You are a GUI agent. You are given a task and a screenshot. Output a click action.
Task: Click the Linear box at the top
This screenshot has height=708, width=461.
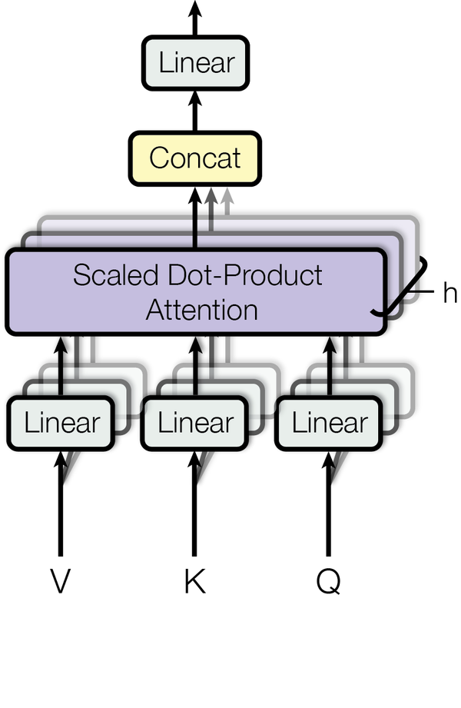[195, 63]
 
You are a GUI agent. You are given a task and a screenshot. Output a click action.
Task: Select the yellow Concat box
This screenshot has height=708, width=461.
[195, 158]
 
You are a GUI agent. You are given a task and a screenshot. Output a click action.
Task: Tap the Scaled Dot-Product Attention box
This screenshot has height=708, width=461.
[196, 291]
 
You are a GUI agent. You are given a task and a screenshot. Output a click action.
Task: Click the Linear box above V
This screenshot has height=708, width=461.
[61, 423]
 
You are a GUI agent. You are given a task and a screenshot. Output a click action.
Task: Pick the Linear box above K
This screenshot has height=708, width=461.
[194, 423]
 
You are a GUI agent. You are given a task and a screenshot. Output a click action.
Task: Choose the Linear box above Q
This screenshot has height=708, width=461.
[329, 423]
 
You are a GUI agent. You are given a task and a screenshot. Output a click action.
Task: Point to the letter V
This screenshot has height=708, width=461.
[60, 581]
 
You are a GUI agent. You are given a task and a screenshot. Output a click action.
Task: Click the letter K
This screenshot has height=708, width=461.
[194, 581]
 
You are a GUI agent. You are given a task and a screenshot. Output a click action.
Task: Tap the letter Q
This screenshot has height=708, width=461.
[328, 582]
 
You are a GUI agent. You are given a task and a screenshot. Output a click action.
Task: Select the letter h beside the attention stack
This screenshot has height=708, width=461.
[449, 292]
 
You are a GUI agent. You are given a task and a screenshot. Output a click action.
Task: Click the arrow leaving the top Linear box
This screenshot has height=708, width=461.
[195, 18]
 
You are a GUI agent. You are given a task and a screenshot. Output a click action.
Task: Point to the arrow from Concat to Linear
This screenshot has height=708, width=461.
[195, 111]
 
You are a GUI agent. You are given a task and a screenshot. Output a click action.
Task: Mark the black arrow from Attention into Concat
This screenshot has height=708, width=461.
[195, 218]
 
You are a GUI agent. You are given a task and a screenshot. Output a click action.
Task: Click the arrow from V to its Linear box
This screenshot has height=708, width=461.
[61, 504]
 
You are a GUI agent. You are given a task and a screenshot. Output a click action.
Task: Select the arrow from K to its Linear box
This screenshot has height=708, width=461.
[194, 504]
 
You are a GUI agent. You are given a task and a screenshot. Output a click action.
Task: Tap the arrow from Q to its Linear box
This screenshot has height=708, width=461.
[329, 504]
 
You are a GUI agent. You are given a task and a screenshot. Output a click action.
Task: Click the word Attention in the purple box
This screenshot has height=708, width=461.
[202, 311]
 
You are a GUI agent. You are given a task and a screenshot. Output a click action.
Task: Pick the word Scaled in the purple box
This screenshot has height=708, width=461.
[115, 274]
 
